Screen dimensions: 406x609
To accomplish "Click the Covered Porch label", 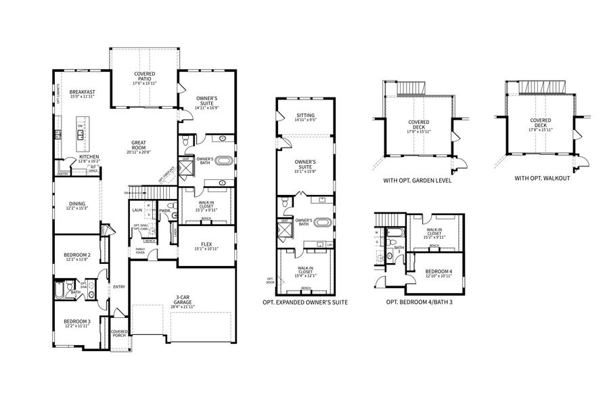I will pyautogui.click(x=119, y=334).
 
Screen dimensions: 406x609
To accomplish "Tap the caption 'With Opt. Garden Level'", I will pyautogui.click(x=418, y=181).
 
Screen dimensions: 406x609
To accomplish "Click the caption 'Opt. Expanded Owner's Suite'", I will pyautogui.click(x=305, y=302).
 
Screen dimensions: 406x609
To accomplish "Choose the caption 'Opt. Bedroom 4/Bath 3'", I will pyautogui.click(x=419, y=302).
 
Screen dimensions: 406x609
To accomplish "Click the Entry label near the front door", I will pyautogui.click(x=120, y=287).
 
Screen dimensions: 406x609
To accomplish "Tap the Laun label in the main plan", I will pyautogui.click(x=136, y=210).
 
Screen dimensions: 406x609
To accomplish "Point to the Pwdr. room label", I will pyautogui.click(x=164, y=210).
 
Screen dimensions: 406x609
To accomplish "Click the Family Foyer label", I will pyautogui.click(x=140, y=251).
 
